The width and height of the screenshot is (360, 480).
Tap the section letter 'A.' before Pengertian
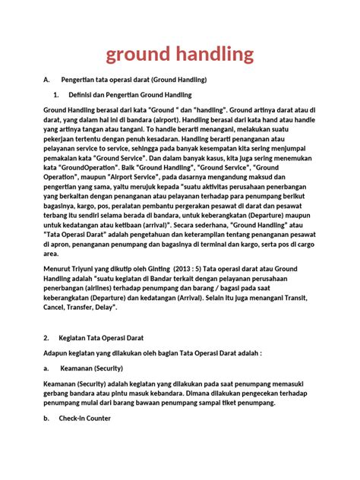pos(47,79)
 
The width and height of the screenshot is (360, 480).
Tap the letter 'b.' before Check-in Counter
pos(46,418)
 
